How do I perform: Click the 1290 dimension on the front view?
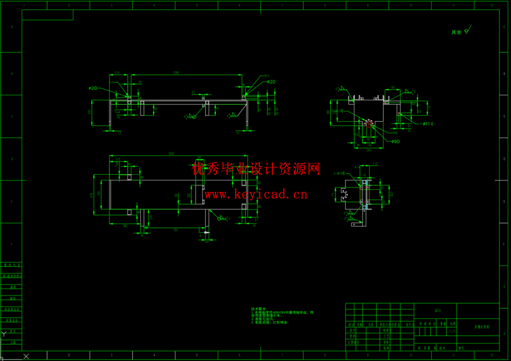pyautogui.click(x=176, y=73)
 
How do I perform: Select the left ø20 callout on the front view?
pyautogui.click(x=93, y=88)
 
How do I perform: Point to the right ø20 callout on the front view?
pyautogui.click(x=271, y=82)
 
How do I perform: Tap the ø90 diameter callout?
pyautogui.click(x=396, y=142)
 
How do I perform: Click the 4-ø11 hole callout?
pyautogui.click(x=427, y=124)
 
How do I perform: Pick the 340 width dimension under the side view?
pyautogui.click(x=369, y=150)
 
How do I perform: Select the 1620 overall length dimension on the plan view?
pyautogui.click(x=171, y=154)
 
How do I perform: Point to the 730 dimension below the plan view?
pyautogui.click(x=175, y=230)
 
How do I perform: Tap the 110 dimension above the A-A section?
pyautogui.click(x=375, y=164)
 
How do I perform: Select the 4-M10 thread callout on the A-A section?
pyautogui.click(x=339, y=173)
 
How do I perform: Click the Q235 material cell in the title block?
pyautogui.click(x=437, y=311)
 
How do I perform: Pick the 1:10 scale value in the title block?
pyautogui.click(x=452, y=331)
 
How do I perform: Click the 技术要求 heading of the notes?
pyautogui.click(x=258, y=309)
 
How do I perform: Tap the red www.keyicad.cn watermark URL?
pyautogui.click(x=256, y=194)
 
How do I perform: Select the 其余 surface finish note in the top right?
pyautogui.click(x=456, y=32)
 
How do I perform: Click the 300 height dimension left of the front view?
pyautogui.click(x=90, y=112)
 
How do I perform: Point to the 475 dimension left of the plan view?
pyautogui.click(x=92, y=195)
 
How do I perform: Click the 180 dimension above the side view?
pyautogui.click(x=392, y=88)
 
